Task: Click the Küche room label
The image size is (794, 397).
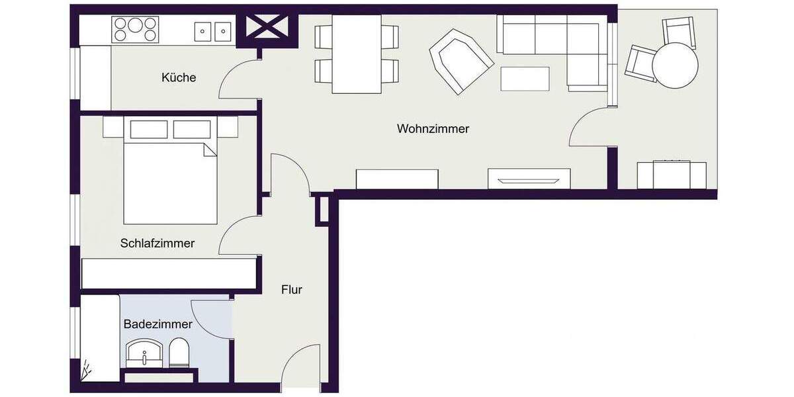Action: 179,77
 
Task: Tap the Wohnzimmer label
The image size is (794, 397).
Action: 433,128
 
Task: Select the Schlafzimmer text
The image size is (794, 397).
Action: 157,243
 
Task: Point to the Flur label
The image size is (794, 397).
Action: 292,289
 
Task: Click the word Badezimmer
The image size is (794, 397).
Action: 157,324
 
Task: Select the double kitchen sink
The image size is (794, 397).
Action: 212,30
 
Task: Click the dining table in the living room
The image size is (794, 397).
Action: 357,54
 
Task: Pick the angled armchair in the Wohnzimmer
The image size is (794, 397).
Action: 461,61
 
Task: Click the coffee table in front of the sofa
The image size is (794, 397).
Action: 525,79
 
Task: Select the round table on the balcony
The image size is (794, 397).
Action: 675,66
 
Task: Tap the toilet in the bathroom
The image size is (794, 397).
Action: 179,353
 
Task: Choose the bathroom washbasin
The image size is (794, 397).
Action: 144,353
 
